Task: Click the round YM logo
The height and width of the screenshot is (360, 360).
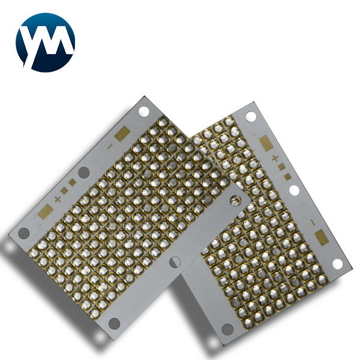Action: click(45, 43)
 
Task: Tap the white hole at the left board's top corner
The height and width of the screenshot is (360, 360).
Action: click(144, 112)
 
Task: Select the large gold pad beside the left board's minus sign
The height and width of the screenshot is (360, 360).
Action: click(122, 134)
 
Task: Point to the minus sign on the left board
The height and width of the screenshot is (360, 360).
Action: click(110, 146)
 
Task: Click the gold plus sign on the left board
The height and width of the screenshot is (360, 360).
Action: click(58, 199)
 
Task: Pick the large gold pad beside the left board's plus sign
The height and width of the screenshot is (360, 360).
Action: click(46, 211)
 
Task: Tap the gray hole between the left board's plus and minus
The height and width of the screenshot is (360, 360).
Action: click(84, 172)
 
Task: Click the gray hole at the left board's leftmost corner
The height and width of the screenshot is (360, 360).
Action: click(23, 233)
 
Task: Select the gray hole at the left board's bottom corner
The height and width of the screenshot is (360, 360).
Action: click(114, 323)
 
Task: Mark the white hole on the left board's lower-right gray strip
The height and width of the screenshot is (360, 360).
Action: click(175, 262)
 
